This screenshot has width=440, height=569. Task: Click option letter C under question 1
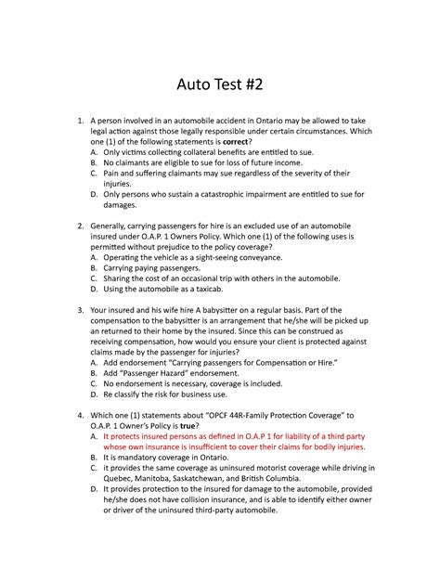click(x=94, y=173)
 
